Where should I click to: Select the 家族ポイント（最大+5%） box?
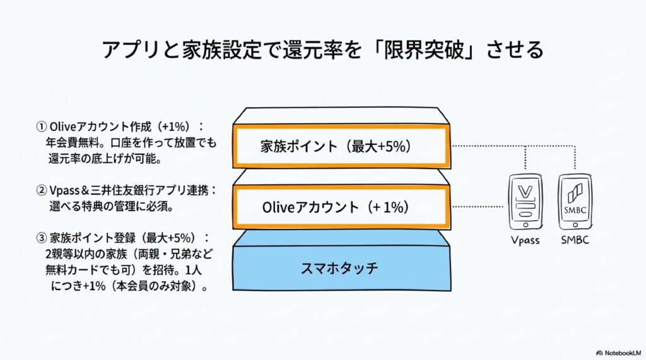341,146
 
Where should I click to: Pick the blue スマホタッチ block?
341,268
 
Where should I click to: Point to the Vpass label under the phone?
525,241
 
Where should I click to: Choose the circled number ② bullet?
42,190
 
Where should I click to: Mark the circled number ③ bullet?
42,238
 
